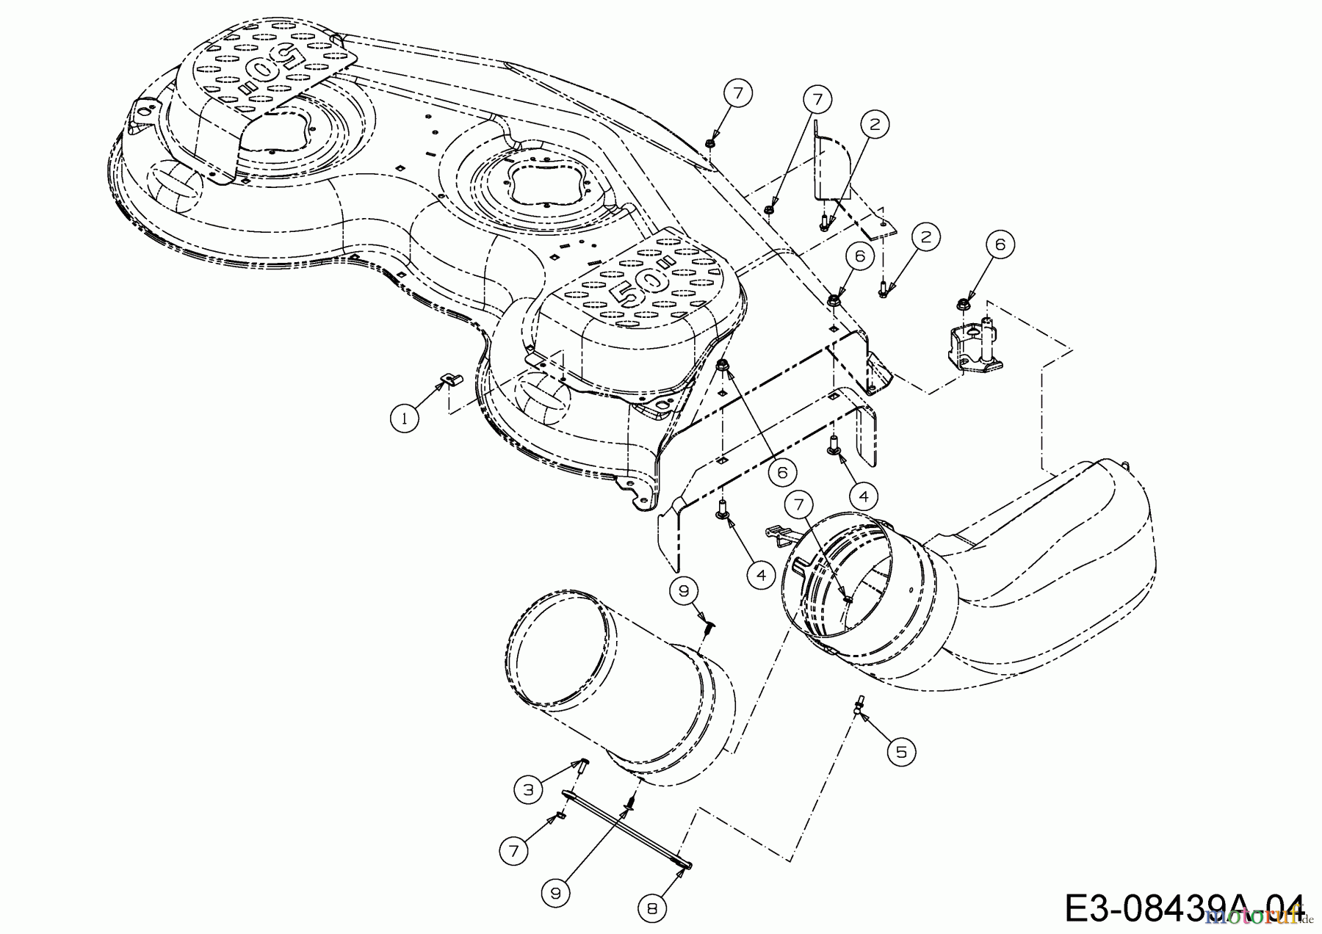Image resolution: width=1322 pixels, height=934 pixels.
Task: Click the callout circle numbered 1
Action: pyautogui.click(x=404, y=419)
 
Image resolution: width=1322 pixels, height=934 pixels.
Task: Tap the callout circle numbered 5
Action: pyautogui.click(x=901, y=750)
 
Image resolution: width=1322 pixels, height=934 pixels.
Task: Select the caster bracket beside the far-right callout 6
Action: pyautogui.click(x=969, y=350)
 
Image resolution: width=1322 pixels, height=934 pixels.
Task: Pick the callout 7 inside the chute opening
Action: pyautogui.click(x=798, y=504)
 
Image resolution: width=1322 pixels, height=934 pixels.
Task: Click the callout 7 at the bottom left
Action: pyautogui.click(x=513, y=851)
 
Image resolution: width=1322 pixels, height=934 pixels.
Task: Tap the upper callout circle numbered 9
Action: pyautogui.click(x=685, y=590)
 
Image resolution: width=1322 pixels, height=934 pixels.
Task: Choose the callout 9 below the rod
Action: pyautogui.click(x=556, y=892)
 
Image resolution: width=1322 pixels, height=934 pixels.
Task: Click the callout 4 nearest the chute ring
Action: pyautogui.click(x=760, y=576)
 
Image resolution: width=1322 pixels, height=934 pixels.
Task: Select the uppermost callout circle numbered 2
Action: pyautogui.click(x=874, y=125)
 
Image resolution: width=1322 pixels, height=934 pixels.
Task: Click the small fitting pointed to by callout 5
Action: pyautogui.click(x=858, y=706)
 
